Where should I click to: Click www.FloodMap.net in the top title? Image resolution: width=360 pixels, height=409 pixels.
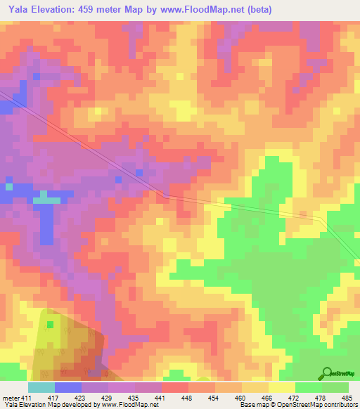tap(197, 10)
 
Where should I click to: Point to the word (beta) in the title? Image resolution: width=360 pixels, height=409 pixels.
tap(256, 10)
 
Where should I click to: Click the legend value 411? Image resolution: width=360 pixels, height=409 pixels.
tap(26, 398)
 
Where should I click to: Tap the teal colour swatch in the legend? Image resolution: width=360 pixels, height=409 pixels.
tap(41, 387)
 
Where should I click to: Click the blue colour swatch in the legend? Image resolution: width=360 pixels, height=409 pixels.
tap(68, 387)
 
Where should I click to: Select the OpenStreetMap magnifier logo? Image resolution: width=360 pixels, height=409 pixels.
tap(327, 373)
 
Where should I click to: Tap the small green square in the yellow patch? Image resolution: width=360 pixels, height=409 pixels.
tap(50, 325)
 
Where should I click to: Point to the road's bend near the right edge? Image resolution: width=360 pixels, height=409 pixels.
tap(323, 220)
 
